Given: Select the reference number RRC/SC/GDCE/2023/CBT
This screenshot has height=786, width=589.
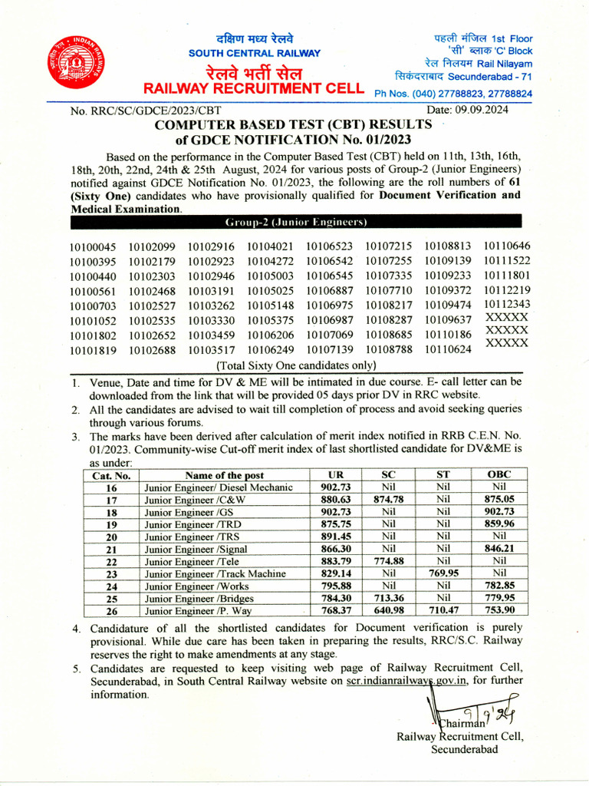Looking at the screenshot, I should click(x=145, y=111).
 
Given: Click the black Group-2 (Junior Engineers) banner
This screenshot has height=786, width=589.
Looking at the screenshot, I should click(x=295, y=222).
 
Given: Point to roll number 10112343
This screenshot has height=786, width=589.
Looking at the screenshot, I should click(x=507, y=304).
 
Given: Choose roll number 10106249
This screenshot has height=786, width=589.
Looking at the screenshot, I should click(x=270, y=350).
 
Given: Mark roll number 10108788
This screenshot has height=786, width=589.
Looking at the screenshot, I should click(x=389, y=350).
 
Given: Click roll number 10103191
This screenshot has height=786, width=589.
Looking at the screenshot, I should click(x=211, y=290).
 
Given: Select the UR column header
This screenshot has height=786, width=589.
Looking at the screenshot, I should click(x=335, y=475).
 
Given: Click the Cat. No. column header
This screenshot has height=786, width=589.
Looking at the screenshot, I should click(x=111, y=475).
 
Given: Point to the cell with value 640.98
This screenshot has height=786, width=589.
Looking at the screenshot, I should click(x=388, y=611).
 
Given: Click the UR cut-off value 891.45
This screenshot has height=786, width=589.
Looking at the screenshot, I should click(x=335, y=537).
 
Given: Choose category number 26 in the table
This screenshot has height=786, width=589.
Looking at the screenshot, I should click(x=111, y=611).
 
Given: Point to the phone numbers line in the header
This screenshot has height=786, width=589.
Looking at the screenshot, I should click(x=452, y=94).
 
